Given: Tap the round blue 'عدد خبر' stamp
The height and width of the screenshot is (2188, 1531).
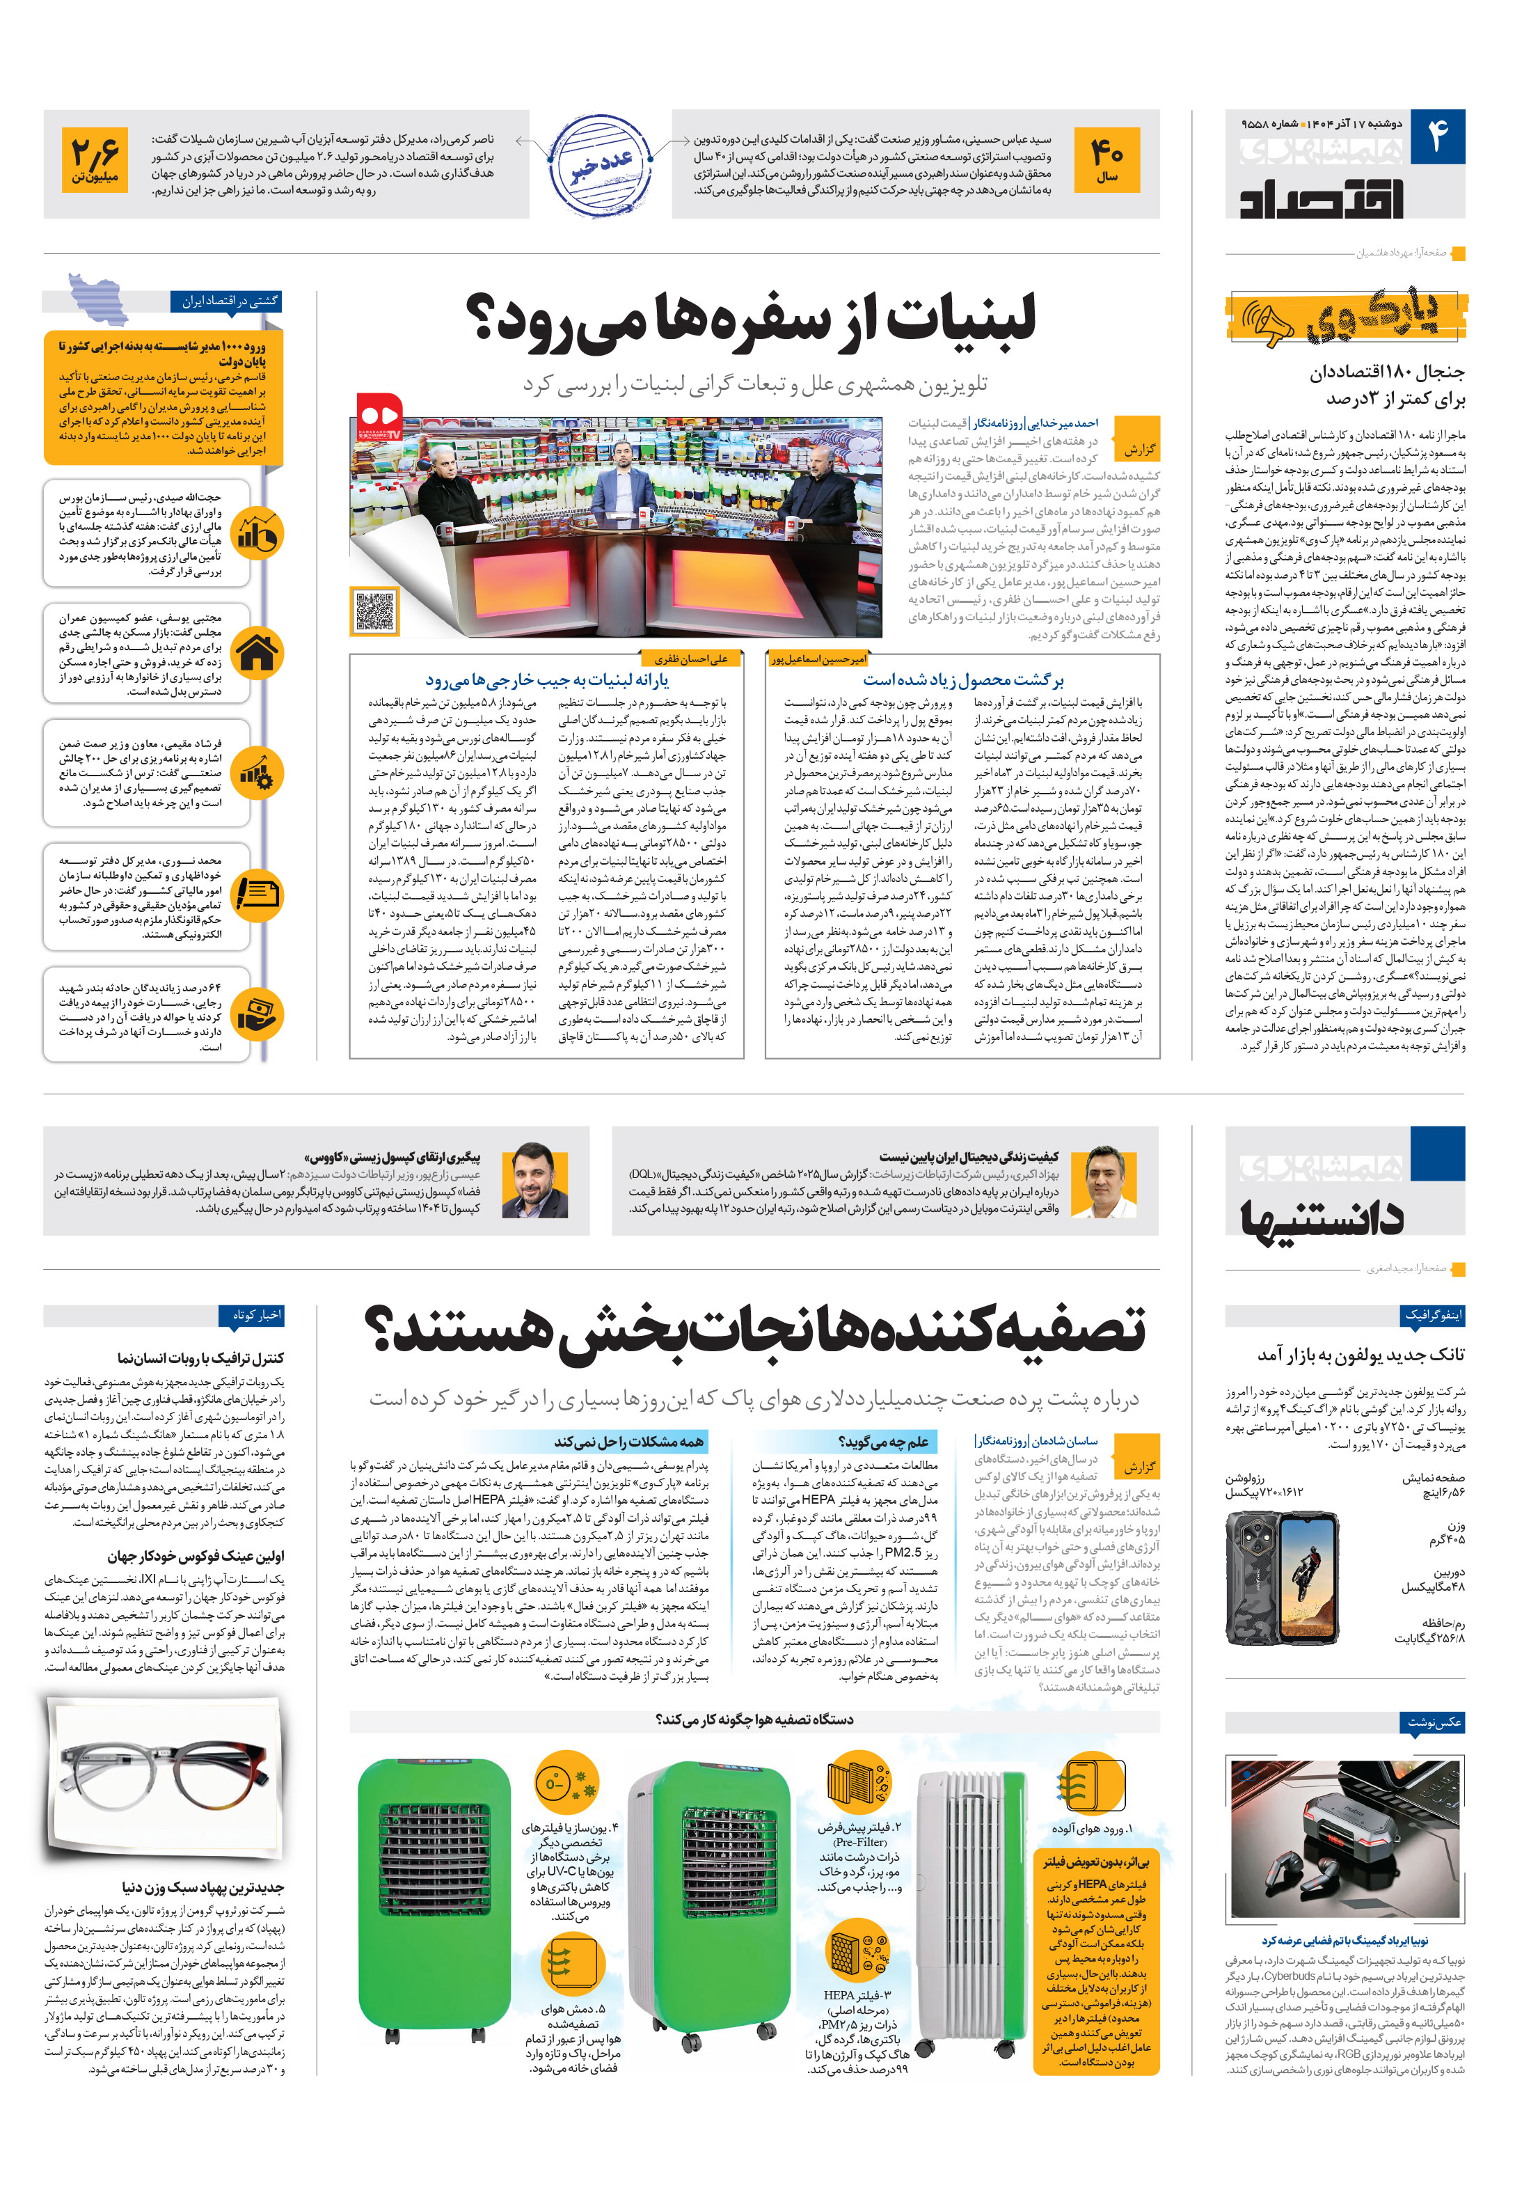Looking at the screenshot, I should tap(600, 164).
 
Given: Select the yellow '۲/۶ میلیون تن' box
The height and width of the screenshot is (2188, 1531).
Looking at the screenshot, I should tap(95, 160).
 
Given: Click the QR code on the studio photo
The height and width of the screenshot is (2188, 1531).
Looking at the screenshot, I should tap(374, 611).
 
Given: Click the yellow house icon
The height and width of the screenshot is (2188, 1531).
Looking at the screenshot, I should tap(257, 653).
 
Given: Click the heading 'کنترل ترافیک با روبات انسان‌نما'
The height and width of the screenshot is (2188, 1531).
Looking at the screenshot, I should tap(201, 1358).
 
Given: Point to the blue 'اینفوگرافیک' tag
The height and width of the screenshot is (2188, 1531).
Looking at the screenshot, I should tap(1433, 1315).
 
